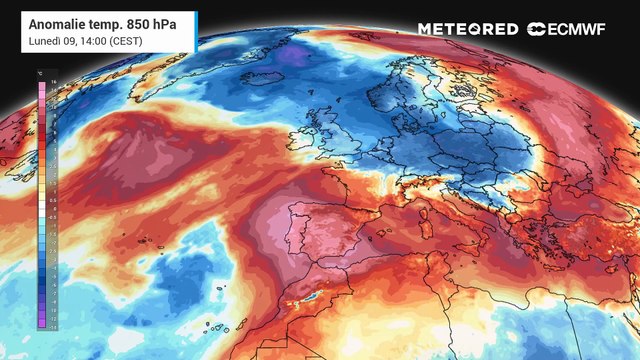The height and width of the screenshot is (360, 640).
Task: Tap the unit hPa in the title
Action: pos(164,21)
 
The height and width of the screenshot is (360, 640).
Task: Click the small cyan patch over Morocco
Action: pos(316,296)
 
